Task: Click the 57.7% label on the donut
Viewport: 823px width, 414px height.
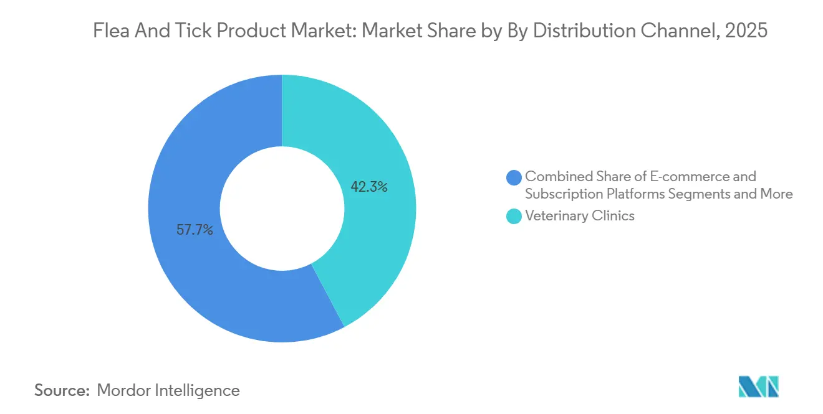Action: [195, 230]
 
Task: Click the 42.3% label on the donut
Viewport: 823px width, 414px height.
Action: [369, 187]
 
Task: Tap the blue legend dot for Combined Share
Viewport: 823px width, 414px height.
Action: [514, 177]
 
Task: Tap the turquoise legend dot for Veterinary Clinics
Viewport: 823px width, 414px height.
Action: [514, 217]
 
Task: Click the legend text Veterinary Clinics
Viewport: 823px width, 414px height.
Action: [579, 216]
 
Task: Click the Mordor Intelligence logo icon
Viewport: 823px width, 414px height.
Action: [758, 387]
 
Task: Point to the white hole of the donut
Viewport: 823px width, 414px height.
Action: [282, 209]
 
